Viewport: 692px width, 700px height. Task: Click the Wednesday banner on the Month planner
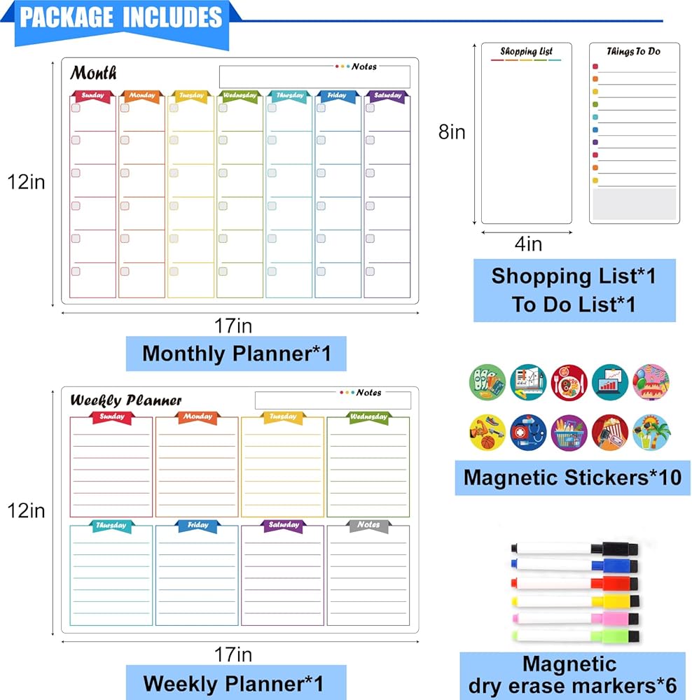coord(240,96)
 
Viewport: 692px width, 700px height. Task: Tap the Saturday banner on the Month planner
coord(387,96)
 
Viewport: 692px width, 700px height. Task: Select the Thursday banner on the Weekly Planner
coord(111,526)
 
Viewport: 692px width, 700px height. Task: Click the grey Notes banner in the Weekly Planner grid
coord(368,525)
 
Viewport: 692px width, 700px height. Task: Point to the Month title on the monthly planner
coord(93,73)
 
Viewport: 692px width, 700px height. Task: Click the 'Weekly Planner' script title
coord(126,401)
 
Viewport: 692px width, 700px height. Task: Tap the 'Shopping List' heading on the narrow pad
coord(526,52)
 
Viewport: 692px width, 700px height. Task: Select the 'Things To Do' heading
coord(633,52)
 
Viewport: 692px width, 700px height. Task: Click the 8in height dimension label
coord(452,132)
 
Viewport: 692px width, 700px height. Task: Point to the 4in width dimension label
coord(529,244)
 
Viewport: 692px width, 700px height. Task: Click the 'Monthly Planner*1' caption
coord(236,353)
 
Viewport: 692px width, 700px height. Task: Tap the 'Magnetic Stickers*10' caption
coord(572,477)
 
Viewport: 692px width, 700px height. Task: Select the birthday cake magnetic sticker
coord(651,381)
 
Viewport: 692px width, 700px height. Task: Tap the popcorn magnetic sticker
coord(610,433)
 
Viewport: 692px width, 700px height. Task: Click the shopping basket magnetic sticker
coord(569,433)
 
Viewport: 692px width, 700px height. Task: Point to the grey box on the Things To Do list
coord(634,204)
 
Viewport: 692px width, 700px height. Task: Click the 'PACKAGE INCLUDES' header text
coord(120,17)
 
